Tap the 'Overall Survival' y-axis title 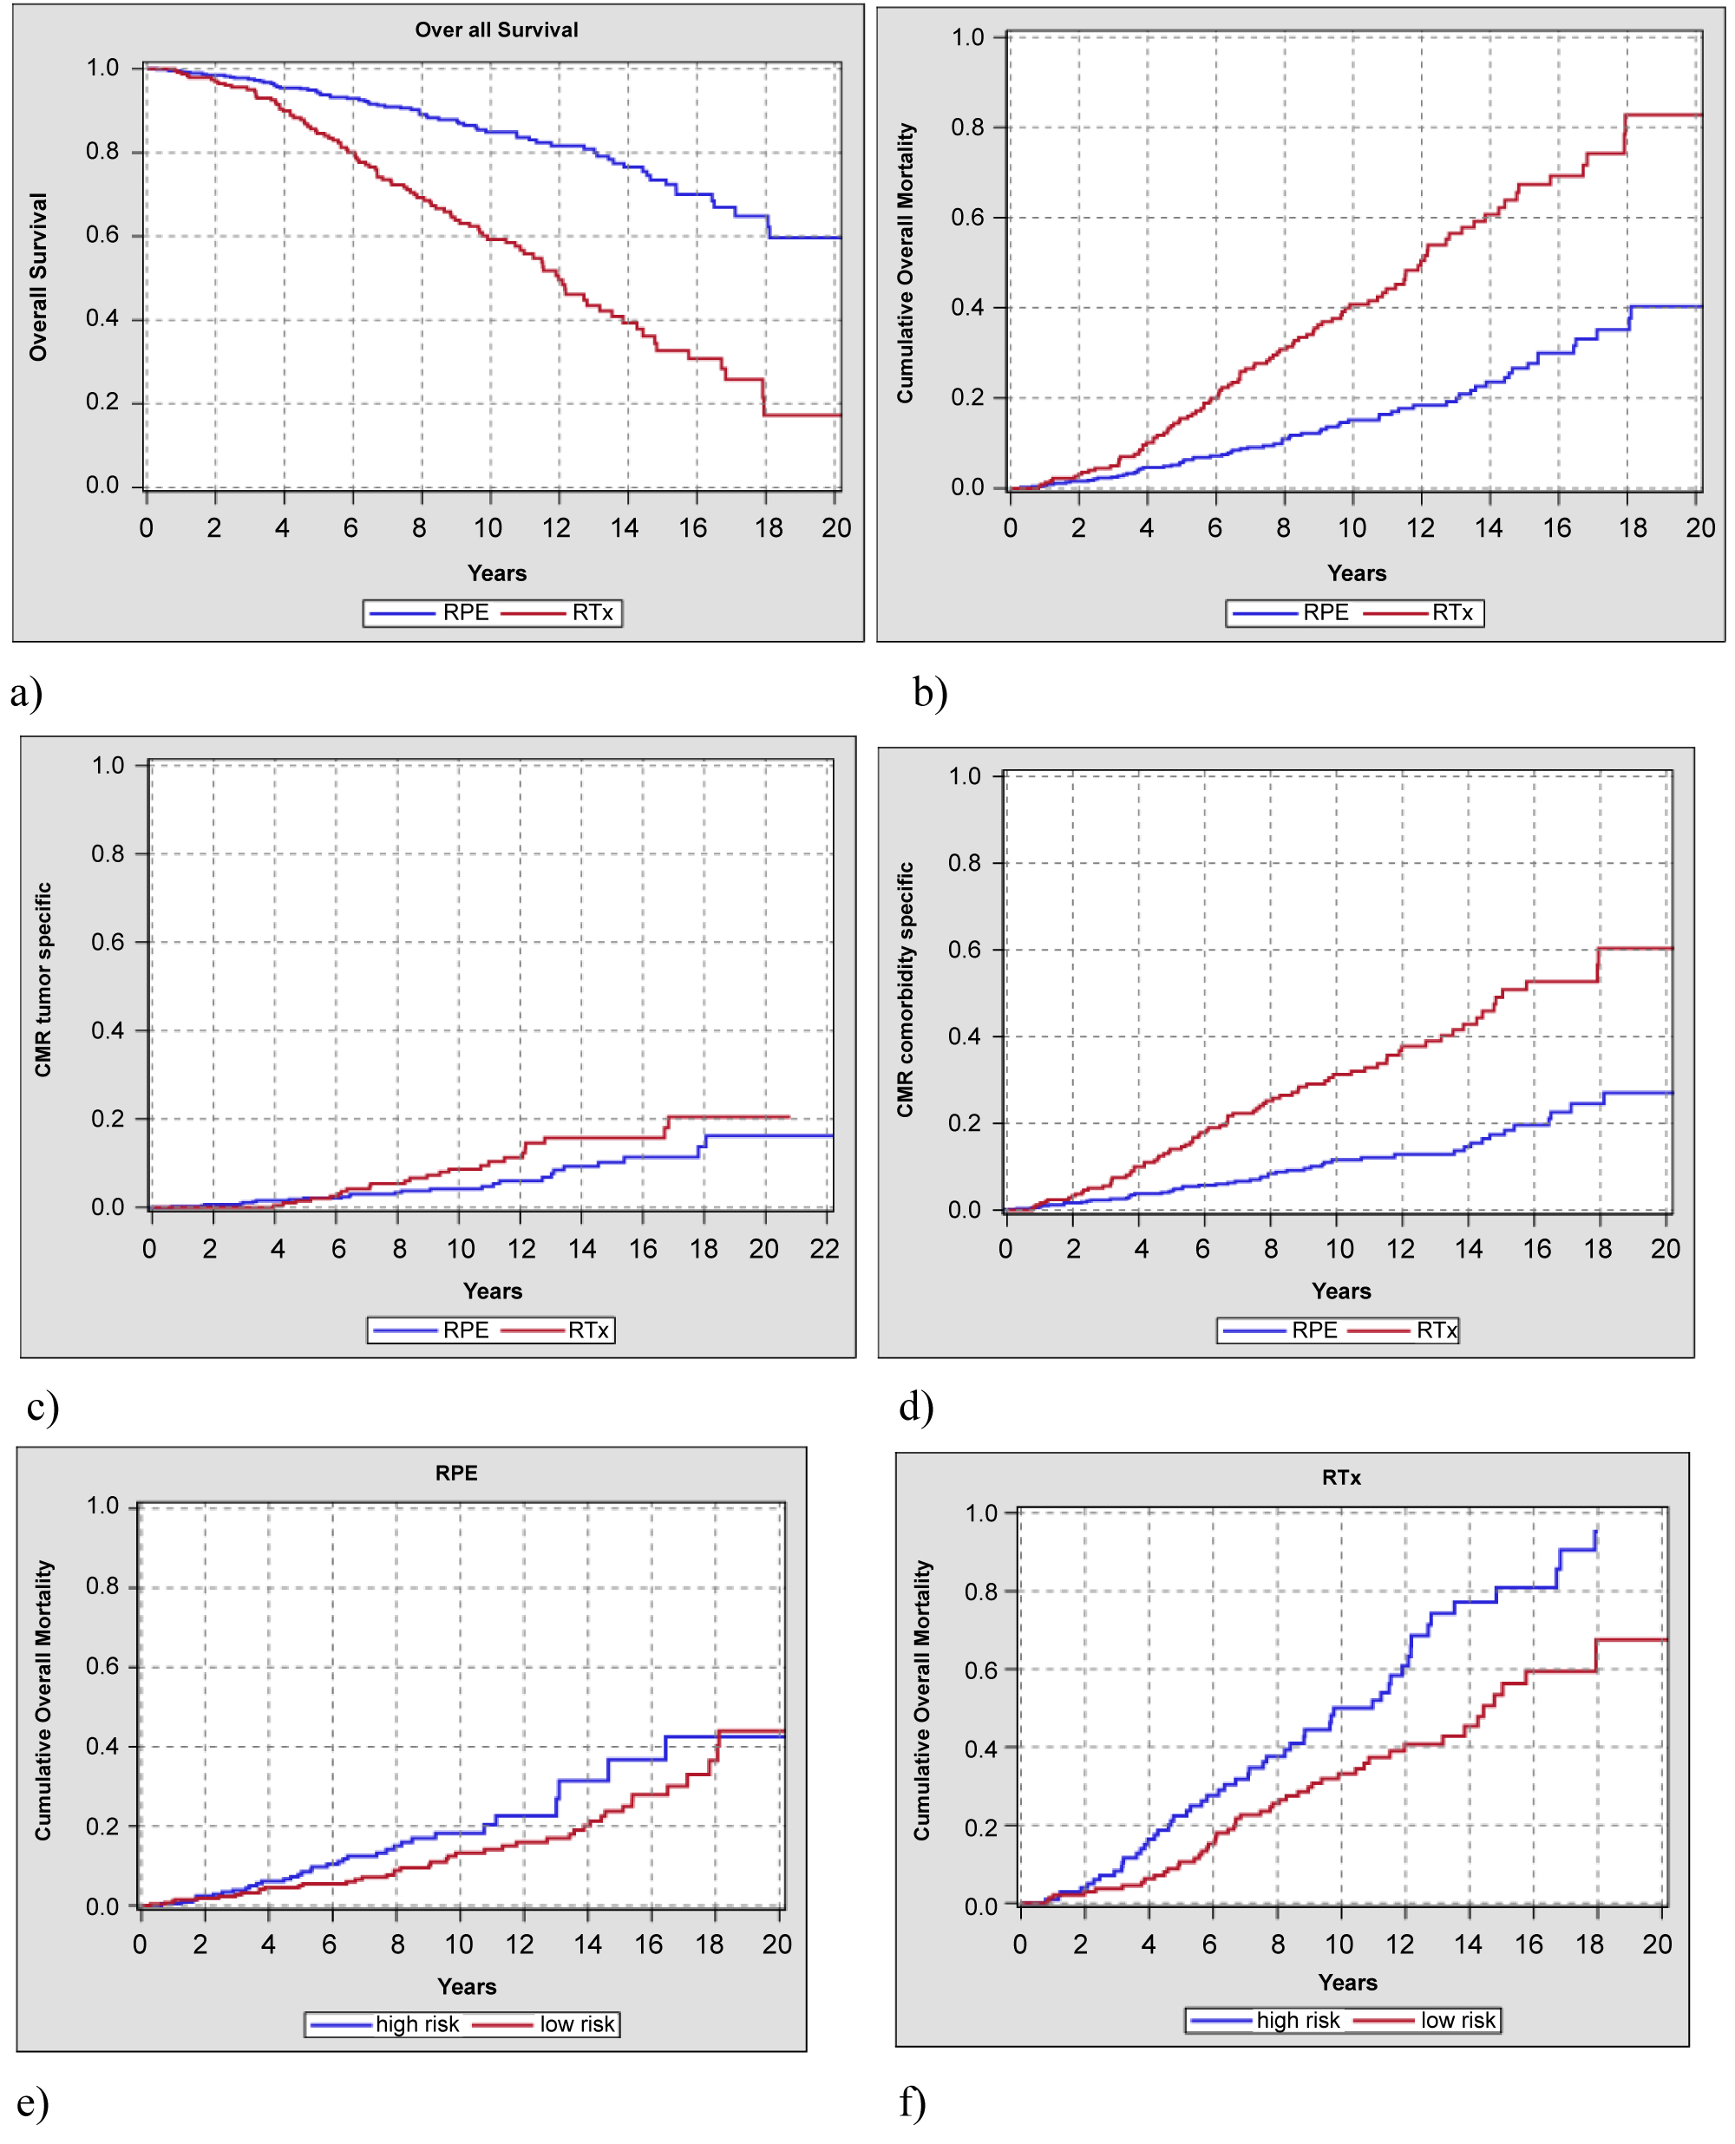[38, 277]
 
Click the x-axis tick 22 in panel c [824, 1249]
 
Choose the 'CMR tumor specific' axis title [43, 979]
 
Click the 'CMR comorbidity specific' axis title [906, 989]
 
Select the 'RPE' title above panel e [455, 1473]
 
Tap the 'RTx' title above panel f [1341, 1477]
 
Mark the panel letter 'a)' [27, 692]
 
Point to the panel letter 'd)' [915, 1407]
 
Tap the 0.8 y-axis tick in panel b [967, 127]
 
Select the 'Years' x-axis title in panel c [493, 1291]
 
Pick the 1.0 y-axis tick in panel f [981, 1513]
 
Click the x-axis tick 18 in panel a [769, 528]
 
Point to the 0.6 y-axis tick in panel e [103, 1665]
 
